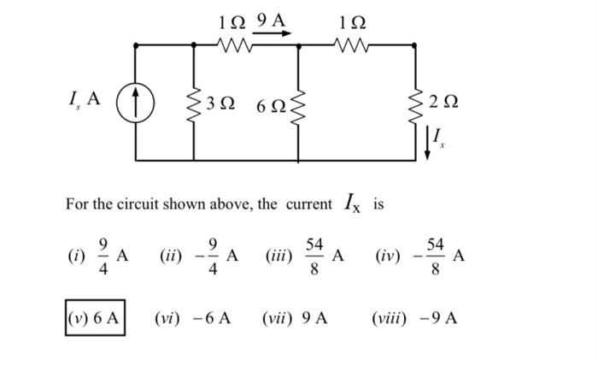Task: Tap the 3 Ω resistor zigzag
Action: (x=193, y=103)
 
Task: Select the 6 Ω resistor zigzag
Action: (x=297, y=108)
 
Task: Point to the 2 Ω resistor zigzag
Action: (x=416, y=102)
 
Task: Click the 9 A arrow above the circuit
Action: (x=273, y=35)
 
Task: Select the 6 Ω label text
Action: (x=271, y=106)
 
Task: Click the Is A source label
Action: (x=84, y=99)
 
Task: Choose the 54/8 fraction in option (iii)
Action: (x=314, y=255)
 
